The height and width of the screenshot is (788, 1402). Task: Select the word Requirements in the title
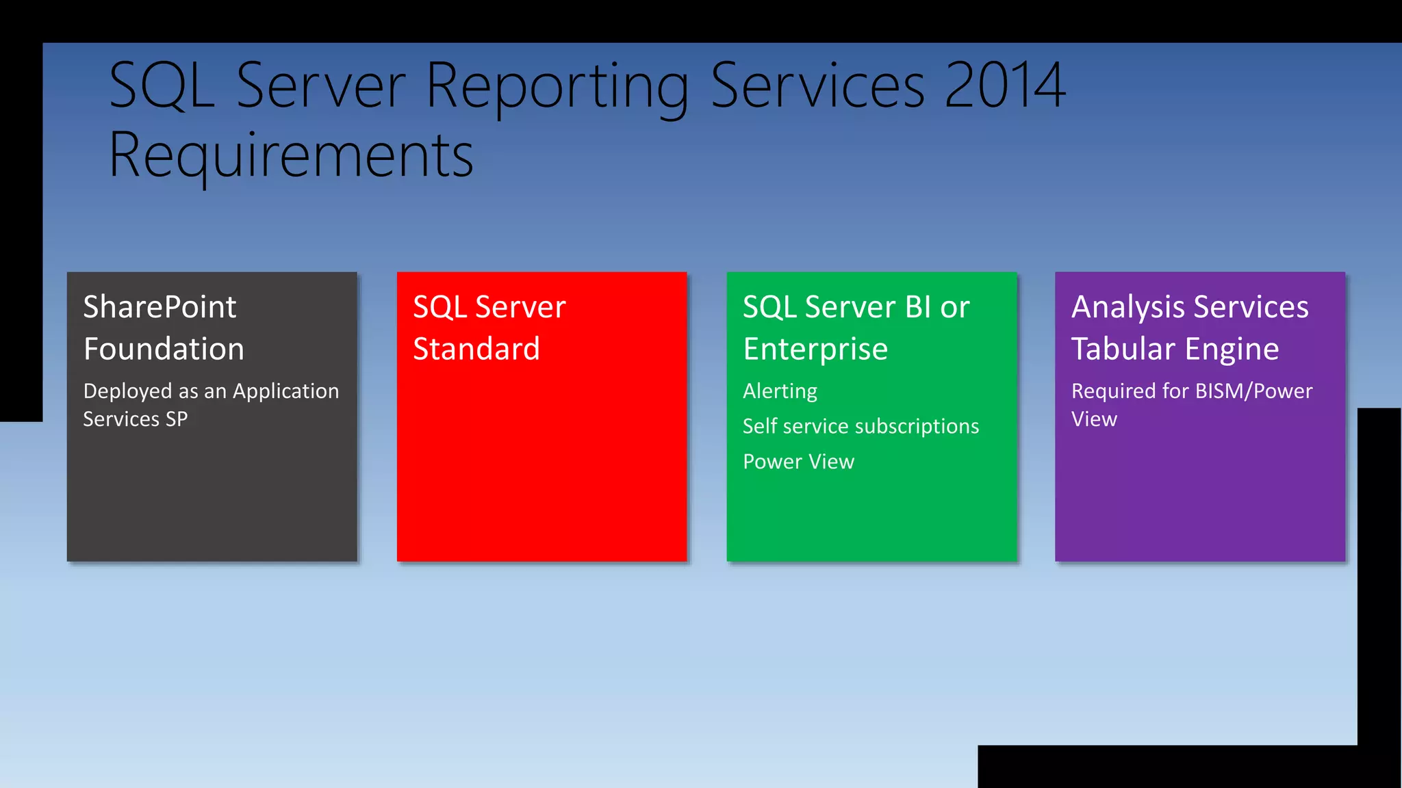point(291,155)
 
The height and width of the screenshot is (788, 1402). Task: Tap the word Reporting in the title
point(557,87)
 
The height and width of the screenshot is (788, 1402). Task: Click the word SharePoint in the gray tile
point(160,306)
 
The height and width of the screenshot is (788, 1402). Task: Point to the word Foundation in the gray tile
point(164,349)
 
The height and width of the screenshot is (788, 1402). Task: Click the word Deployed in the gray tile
point(127,391)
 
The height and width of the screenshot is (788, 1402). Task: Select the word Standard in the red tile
point(476,349)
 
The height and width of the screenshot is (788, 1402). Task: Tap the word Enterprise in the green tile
point(815,349)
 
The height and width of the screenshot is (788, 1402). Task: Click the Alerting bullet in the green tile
point(780,391)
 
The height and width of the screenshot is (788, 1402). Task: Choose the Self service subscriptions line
point(861,426)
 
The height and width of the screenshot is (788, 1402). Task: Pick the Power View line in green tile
point(798,462)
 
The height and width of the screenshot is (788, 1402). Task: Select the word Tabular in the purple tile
point(1123,349)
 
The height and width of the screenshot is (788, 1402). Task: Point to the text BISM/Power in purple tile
point(1253,391)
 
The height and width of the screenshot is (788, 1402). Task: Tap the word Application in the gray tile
point(285,391)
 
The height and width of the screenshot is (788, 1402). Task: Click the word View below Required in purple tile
point(1094,419)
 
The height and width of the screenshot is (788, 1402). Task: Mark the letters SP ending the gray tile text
point(177,419)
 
